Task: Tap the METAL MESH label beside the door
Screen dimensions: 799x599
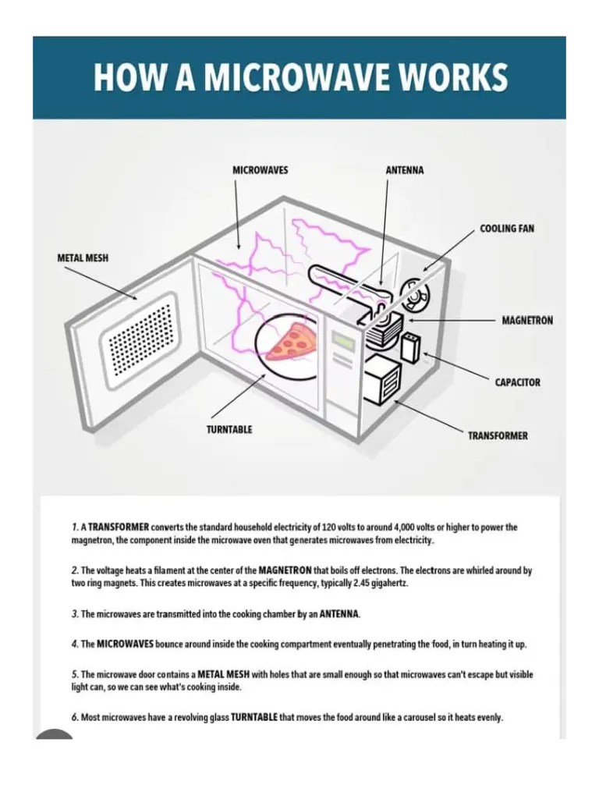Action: pos(82,257)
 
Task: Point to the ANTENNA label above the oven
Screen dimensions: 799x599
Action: pos(405,169)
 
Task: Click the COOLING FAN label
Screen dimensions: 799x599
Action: pos(507,229)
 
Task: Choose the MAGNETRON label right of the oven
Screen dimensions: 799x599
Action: pos(527,321)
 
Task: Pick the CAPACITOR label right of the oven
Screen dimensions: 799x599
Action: pos(517,382)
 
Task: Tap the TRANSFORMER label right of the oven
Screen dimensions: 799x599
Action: pos(498,435)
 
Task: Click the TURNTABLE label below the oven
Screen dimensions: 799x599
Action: pos(229,429)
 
